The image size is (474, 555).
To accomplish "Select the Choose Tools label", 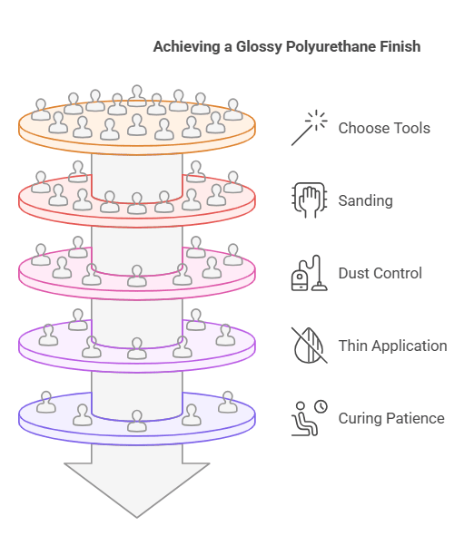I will click(x=384, y=128).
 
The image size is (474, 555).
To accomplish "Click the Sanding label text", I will click(x=365, y=200).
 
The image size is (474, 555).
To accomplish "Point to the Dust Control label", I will click(x=380, y=273).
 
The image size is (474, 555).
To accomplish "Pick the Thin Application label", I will click(x=392, y=346).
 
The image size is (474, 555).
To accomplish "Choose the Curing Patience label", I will click(x=391, y=418).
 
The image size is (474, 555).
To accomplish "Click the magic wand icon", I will click(x=309, y=128).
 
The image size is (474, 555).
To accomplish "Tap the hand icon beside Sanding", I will click(x=309, y=200).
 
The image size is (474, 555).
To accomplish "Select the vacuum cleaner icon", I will click(x=309, y=273).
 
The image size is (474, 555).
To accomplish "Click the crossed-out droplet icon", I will click(x=309, y=346).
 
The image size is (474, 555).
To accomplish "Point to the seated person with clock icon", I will click(x=309, y=418).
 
